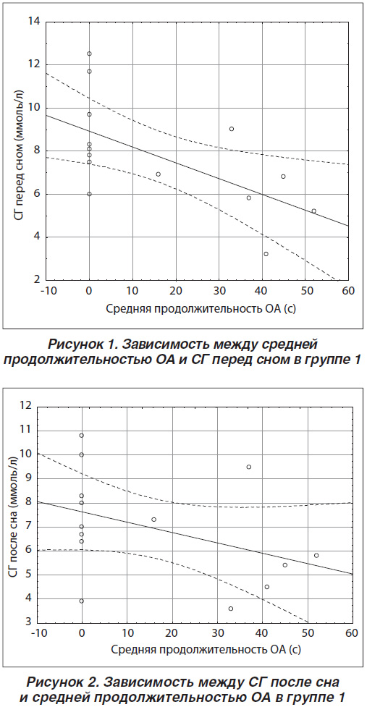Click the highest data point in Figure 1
point(89,54)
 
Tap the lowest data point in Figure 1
point(266,254)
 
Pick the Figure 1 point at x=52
point(314,211)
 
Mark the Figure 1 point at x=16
point(159,174)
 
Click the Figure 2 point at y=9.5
point(249,467)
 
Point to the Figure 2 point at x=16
point(153,520)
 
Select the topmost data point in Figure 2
point(82,436)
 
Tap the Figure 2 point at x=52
point(316,556)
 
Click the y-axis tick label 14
point(33,22)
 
